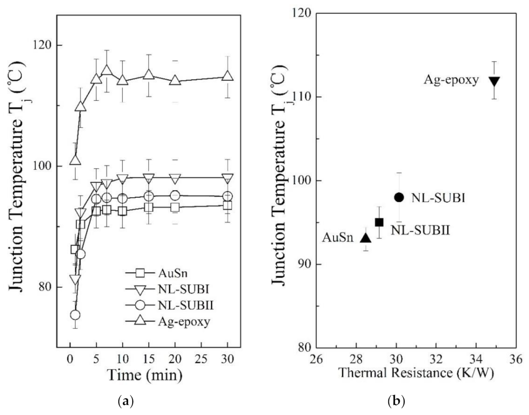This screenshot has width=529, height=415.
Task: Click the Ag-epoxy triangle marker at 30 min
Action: [227, 76]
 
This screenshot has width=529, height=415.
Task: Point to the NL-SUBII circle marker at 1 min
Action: [75, 315]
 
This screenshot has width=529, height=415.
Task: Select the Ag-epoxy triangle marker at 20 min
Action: [175, 80]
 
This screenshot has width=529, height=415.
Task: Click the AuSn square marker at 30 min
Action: [227, 205]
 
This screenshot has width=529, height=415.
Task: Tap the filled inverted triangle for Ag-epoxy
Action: [494, 81]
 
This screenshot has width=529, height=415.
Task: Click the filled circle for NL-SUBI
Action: [399, 197]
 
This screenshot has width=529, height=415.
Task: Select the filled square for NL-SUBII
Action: [379, 222]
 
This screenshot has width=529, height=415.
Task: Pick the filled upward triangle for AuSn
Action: [366, 238]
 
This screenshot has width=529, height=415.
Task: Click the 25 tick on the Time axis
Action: [201, 359]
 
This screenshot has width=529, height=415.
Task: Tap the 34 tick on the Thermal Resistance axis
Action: [476, 358]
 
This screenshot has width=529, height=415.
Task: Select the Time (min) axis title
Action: [145, 375]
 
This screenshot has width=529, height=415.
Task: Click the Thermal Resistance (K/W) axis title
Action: [416, 373]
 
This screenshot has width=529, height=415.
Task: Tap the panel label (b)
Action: [396, 402]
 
